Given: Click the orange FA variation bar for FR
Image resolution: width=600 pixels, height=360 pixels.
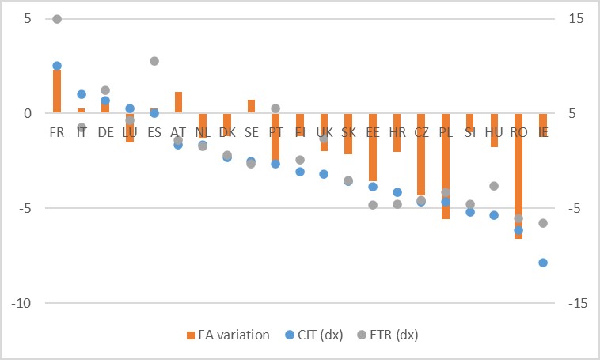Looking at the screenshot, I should click(57, 90).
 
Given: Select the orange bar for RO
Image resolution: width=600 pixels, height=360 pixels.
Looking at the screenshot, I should click(518, 176).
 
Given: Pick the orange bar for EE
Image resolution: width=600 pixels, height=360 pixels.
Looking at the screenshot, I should click(373, 147).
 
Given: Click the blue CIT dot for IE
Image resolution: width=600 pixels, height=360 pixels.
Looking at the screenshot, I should click(543, 263).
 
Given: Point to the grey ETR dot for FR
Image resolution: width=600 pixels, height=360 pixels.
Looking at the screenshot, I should click(57, 19).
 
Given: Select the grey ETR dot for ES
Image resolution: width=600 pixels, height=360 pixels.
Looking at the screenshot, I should click(154, 61).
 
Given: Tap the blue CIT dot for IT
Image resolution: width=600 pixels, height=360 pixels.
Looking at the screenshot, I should click(82, 94).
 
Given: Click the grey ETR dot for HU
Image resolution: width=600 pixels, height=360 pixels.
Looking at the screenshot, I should click(494, 186).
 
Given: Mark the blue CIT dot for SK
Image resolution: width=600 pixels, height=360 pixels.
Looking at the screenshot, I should click(348, 181).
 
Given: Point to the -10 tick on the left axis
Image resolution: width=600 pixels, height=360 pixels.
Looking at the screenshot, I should click(20, 303).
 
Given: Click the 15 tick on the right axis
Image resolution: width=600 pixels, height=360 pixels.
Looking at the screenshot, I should click(577, 18).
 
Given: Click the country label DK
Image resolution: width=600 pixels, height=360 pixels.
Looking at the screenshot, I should click(227, 132).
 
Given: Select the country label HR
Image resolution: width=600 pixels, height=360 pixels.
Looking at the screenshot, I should click(397, 132).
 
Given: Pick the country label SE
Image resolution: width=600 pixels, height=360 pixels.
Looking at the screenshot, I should click(251, 132).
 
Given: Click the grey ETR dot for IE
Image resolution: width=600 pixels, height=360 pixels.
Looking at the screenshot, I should click(543, 223).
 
